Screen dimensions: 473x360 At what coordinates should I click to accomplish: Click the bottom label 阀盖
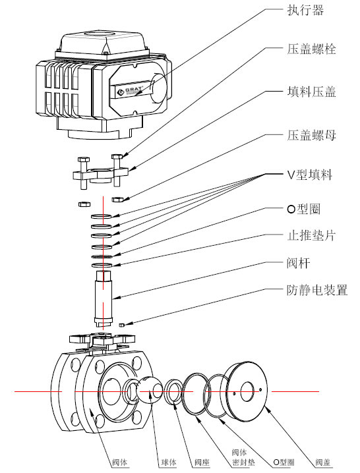click(x=324, y=462)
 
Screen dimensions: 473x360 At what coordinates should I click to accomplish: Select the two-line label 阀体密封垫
click(x=239, y=458)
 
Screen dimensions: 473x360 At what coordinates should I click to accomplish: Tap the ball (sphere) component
click(x=150, y=391)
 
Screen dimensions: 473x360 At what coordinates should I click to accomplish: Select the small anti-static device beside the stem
click(x=122, y=325)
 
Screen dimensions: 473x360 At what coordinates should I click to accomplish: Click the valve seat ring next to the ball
click(x=175, y=393)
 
